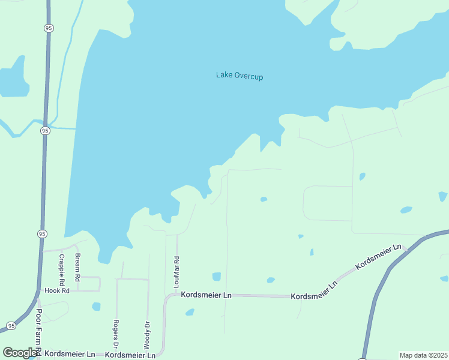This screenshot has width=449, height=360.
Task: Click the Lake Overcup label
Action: click(x=240, y=76)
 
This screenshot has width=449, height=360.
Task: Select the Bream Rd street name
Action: click(x=77, y=268)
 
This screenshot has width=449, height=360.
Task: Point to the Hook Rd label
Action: click(x=58, y=290)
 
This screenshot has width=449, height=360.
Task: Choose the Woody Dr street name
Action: click(x=146, y=335)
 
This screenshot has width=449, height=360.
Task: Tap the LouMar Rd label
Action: click(x=176, y=272)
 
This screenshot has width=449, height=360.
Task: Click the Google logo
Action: click(x=20, y=353)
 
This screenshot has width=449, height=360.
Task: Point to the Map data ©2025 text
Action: click(x=424, y=355)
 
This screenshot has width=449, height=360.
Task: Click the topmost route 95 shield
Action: click(x=49, y=28)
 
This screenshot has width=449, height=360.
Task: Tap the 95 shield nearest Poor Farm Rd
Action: click(x=11, y=326)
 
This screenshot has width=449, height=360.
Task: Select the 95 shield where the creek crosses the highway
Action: click(x=45, y=130)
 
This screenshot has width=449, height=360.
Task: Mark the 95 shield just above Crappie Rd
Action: click(x=41, y=233)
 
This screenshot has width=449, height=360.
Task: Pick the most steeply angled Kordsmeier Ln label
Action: click(x=378, y=256)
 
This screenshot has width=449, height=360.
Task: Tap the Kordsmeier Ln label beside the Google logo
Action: click(x=70, y=354)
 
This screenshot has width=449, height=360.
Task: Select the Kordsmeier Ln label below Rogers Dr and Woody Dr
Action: click(x=130, y=355)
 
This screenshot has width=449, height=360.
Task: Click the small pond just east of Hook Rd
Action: click(x=96, y=307)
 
